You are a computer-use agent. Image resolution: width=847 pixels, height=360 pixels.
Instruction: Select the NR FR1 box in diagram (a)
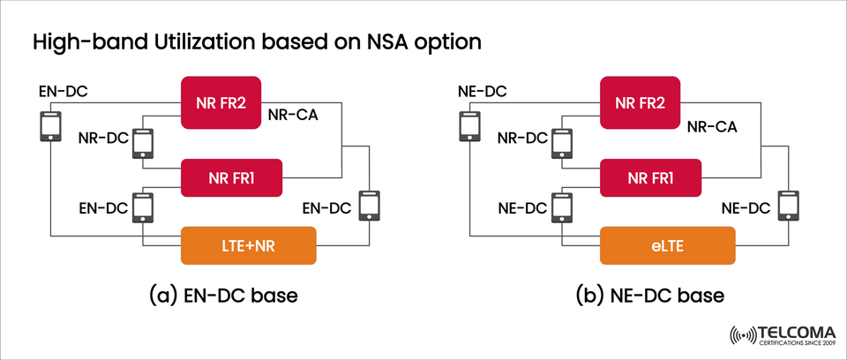tap(230, 176)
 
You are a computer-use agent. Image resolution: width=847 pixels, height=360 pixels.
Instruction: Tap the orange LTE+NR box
tap(248, 244)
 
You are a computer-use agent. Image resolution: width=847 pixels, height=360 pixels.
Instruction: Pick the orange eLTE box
tap(668, 244)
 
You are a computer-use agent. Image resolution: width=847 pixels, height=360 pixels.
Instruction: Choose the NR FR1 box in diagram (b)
tap(650, 176)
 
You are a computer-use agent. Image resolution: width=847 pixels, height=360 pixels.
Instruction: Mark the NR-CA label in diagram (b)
tap(712, 127)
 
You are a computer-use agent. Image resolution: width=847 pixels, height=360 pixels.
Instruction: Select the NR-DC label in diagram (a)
tap(102, 139)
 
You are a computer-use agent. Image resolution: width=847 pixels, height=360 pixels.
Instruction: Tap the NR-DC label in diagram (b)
tap(522, 139)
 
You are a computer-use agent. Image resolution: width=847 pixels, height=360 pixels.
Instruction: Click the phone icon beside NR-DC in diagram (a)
tap(141, 142)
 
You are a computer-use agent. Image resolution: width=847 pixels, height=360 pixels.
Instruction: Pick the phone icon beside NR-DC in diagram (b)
tap(561, 142)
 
